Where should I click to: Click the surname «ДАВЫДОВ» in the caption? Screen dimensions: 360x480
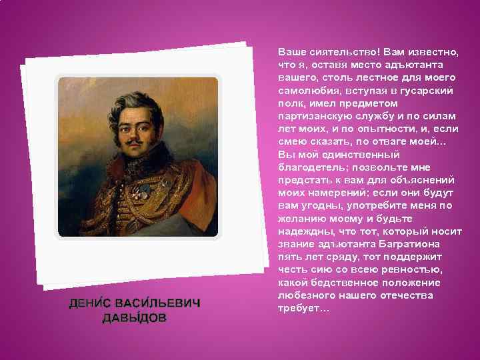coord(135,317)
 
